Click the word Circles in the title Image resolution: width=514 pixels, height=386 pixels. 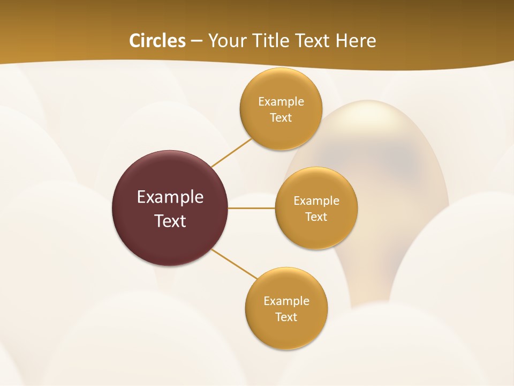click(157, 41)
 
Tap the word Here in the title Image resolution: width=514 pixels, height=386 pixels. click(356, 41)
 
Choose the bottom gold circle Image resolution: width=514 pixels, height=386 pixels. click(286, 332)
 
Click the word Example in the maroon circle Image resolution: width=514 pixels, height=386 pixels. click(170, 197)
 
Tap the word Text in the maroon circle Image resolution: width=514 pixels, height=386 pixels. click(170, 221)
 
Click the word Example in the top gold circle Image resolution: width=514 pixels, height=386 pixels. click(281, 102)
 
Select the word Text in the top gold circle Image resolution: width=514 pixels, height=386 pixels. click(281, 118)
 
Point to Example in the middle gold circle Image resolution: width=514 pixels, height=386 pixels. click(316, 201)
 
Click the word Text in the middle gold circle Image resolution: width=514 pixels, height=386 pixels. click(316, 217)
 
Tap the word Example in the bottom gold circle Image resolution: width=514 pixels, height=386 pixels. click(286, 301)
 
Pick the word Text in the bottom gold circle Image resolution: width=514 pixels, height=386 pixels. click(286, 317)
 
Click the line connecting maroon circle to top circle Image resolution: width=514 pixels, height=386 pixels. click(231, 152)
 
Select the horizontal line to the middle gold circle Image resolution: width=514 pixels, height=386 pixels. click(252, 208)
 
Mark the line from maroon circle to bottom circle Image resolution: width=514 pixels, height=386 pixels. click(235, 264)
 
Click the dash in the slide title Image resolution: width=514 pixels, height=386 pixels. click(196, 41)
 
